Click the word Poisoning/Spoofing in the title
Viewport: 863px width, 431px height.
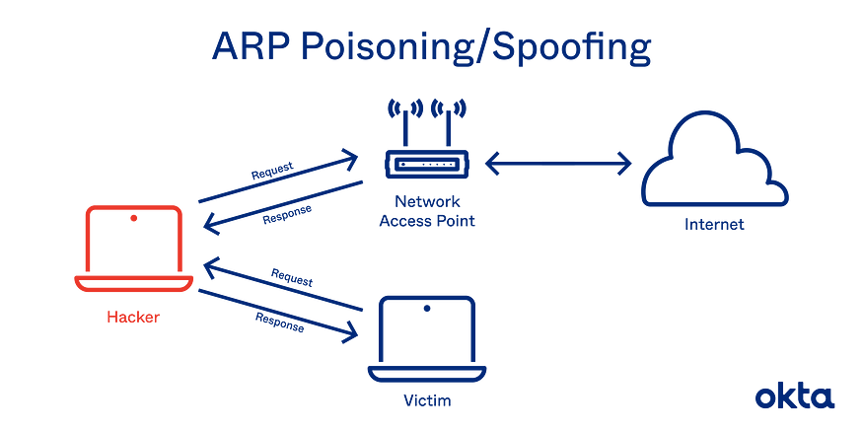coord(476,48)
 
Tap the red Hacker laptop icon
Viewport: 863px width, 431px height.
coord(134,249)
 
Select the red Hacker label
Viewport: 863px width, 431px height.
coord(133,317)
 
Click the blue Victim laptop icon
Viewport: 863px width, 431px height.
coord(426,339)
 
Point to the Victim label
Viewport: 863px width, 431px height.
coord(427,399)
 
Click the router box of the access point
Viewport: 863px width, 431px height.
coord(426,164)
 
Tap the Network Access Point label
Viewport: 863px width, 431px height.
coord(427,211)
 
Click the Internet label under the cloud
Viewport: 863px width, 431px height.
coord(714,225)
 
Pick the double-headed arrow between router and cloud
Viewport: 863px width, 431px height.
coord(558,164)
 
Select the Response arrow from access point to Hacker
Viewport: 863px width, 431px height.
coord(283,208)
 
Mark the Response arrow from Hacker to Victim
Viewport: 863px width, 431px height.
coord(278,316)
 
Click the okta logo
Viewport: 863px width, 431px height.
coord(795,395)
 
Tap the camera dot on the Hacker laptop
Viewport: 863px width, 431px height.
coord(134,219)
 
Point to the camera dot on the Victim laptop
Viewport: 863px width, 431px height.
coord(426,309)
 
